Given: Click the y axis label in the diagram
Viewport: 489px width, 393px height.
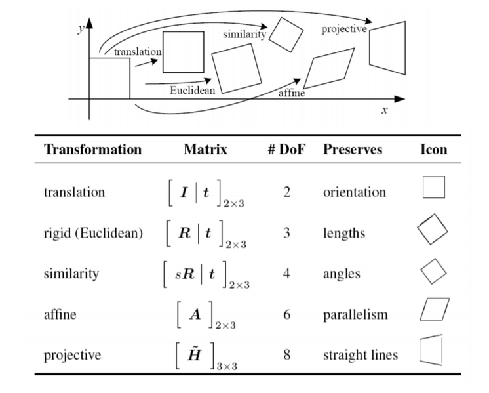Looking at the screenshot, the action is click(x=81, y=29).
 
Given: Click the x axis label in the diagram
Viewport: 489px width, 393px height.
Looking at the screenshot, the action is click(x=385, y=110).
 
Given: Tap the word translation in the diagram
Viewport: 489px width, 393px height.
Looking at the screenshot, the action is click(x=138, y=52).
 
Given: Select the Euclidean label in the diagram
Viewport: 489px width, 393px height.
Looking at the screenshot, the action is click(x=193, y=90).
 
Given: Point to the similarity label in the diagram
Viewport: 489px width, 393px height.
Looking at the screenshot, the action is click(x=244, y=34).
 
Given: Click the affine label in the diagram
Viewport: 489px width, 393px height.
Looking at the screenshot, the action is click(x=292, y=93).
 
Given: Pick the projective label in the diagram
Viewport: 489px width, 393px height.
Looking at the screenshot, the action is click(x=344, y=29).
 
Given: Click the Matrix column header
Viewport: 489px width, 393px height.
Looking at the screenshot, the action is click(x=206, y=149).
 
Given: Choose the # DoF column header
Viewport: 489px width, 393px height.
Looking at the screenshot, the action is click(x=286, y=149).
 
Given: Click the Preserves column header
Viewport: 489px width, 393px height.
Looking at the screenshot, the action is click(x=353, y=149).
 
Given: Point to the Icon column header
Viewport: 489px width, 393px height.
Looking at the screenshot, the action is click(x=434, y=149).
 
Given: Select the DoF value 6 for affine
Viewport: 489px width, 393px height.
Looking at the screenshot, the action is click(x=287, y=314).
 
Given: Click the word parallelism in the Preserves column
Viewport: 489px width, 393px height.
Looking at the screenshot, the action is click(x=355, y=314).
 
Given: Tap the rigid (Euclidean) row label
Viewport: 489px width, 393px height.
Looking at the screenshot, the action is click(x=93, y=233).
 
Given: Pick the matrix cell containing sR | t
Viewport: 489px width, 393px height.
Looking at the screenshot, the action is click(x=206, y=274).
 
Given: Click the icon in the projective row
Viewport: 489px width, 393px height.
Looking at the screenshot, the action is click(x=420, y=350).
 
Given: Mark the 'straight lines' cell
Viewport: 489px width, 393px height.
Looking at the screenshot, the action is click(x=361, y=355).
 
